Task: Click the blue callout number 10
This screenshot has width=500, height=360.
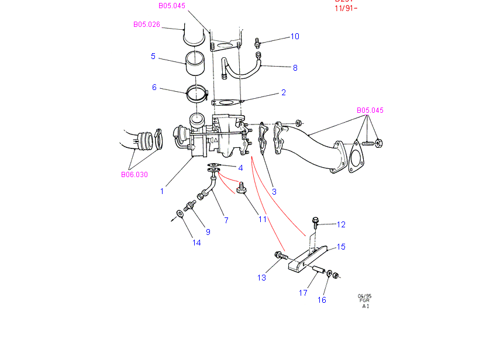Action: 295,36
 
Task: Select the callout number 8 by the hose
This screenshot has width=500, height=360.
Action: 295,68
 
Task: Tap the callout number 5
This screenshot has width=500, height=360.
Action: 153,56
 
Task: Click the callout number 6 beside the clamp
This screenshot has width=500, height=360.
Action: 154,87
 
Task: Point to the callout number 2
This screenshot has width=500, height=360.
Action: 283,92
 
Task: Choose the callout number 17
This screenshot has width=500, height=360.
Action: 303,293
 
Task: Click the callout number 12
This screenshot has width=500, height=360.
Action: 341,224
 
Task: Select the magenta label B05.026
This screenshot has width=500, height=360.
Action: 146,25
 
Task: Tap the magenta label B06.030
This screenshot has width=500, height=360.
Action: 135,174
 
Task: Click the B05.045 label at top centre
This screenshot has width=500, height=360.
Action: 171,6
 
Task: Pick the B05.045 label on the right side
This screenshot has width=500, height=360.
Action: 370,110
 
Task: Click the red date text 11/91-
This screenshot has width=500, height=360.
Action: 346,9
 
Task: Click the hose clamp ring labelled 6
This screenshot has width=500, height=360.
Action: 197,92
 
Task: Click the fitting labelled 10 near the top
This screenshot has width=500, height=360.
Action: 257,41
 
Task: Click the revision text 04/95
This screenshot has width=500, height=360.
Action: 365,296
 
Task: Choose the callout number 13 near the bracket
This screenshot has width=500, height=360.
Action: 261,277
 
